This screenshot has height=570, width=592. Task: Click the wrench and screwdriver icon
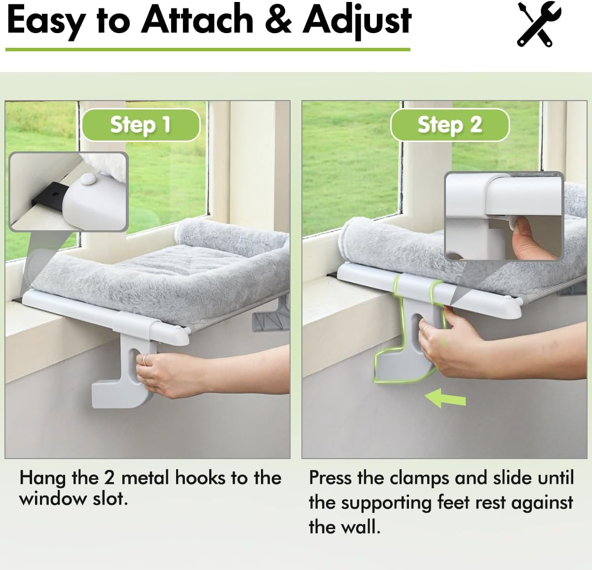coord(539,24)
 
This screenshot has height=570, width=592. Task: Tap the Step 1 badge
coord(141,125)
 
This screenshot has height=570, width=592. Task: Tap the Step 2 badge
coord(449,125)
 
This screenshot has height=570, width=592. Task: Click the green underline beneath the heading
coord(207,49)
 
